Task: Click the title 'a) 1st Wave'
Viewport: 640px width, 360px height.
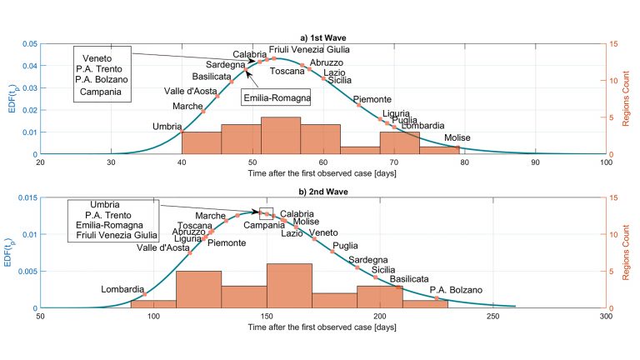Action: (x=323, y=37)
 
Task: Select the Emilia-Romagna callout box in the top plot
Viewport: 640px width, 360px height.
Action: (x=276, y=97)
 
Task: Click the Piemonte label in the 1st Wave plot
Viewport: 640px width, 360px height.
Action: (x=374, y=99)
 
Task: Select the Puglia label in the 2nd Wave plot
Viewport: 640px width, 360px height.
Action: (x=345, y=246)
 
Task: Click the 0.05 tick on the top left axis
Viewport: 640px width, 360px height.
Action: (x=27, y=43)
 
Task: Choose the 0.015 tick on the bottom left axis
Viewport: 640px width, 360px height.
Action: (x=26, y=197)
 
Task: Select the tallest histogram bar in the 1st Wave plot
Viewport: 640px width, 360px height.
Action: (x=281, y=136)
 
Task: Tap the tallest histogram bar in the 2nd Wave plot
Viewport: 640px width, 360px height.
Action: (x=289, y=286)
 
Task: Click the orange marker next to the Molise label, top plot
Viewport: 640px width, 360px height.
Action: (x=458, y=147)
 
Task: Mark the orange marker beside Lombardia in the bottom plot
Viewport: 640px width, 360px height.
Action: (x=145, y=294)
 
